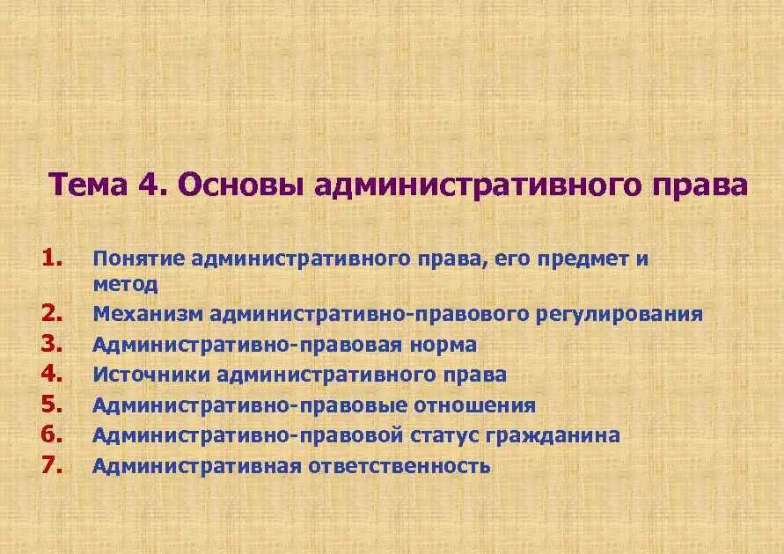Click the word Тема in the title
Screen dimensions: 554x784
[86, 186]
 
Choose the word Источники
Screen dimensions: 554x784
[150, 375]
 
